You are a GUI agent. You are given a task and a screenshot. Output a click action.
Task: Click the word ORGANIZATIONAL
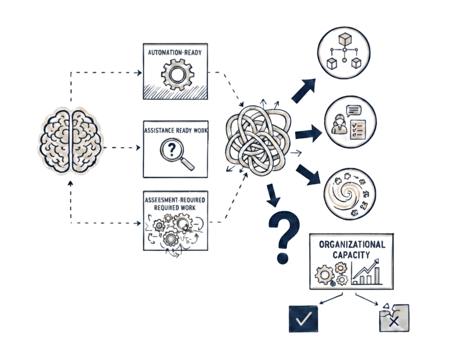352,244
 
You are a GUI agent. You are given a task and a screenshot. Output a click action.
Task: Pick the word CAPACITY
352,256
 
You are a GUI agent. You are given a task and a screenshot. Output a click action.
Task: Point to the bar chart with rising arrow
366,273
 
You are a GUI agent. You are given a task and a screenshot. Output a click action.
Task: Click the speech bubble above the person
354,110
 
